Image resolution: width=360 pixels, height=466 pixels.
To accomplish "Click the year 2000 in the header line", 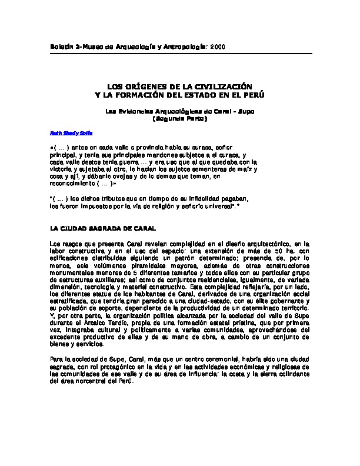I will (217, 46).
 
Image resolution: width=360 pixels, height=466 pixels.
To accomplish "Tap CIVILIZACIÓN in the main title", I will (218, 86).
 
